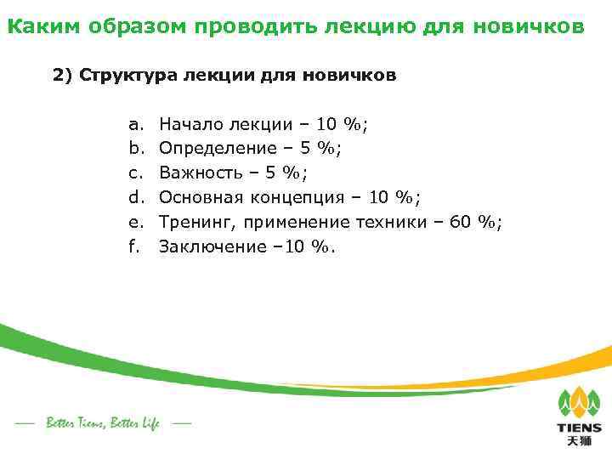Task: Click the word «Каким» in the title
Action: (x=38, y=27)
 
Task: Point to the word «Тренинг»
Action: (x=194, y=223)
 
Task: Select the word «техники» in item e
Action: (x=400, y=223)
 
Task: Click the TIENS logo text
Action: (x=577, y=428)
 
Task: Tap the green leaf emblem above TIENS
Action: (x=577, y=401)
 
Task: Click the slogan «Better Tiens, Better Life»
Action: (x=103, y=422)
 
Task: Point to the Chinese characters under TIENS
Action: (x=577, y=442)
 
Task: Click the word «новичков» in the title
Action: (x=527, y=27)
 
